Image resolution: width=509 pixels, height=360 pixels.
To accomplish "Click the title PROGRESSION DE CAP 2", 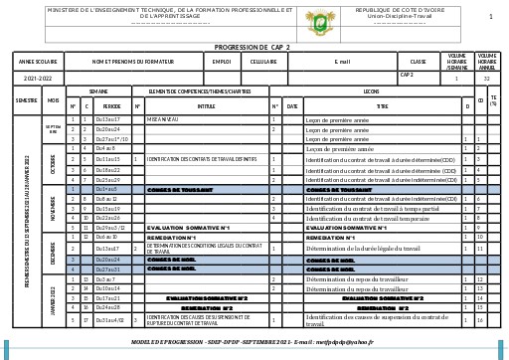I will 253,47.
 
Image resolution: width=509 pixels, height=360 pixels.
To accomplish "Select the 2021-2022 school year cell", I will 38,77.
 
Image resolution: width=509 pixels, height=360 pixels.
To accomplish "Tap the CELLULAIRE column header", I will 263,62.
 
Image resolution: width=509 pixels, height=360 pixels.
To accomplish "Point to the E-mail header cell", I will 343,62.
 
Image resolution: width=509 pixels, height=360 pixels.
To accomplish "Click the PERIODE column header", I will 111,104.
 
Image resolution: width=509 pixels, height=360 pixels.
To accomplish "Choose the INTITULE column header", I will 206,104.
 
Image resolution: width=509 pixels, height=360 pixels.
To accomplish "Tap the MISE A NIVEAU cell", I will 162,119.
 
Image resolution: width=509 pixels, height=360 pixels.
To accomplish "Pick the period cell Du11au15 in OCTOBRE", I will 107,159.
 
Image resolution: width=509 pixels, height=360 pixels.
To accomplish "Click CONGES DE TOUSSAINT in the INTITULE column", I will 175,189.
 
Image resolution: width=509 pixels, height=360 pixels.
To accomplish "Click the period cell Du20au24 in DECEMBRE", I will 107,259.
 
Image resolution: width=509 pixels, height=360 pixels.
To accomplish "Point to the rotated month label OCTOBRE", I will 53,164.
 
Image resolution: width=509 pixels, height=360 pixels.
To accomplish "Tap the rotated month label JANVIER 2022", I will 53,300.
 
